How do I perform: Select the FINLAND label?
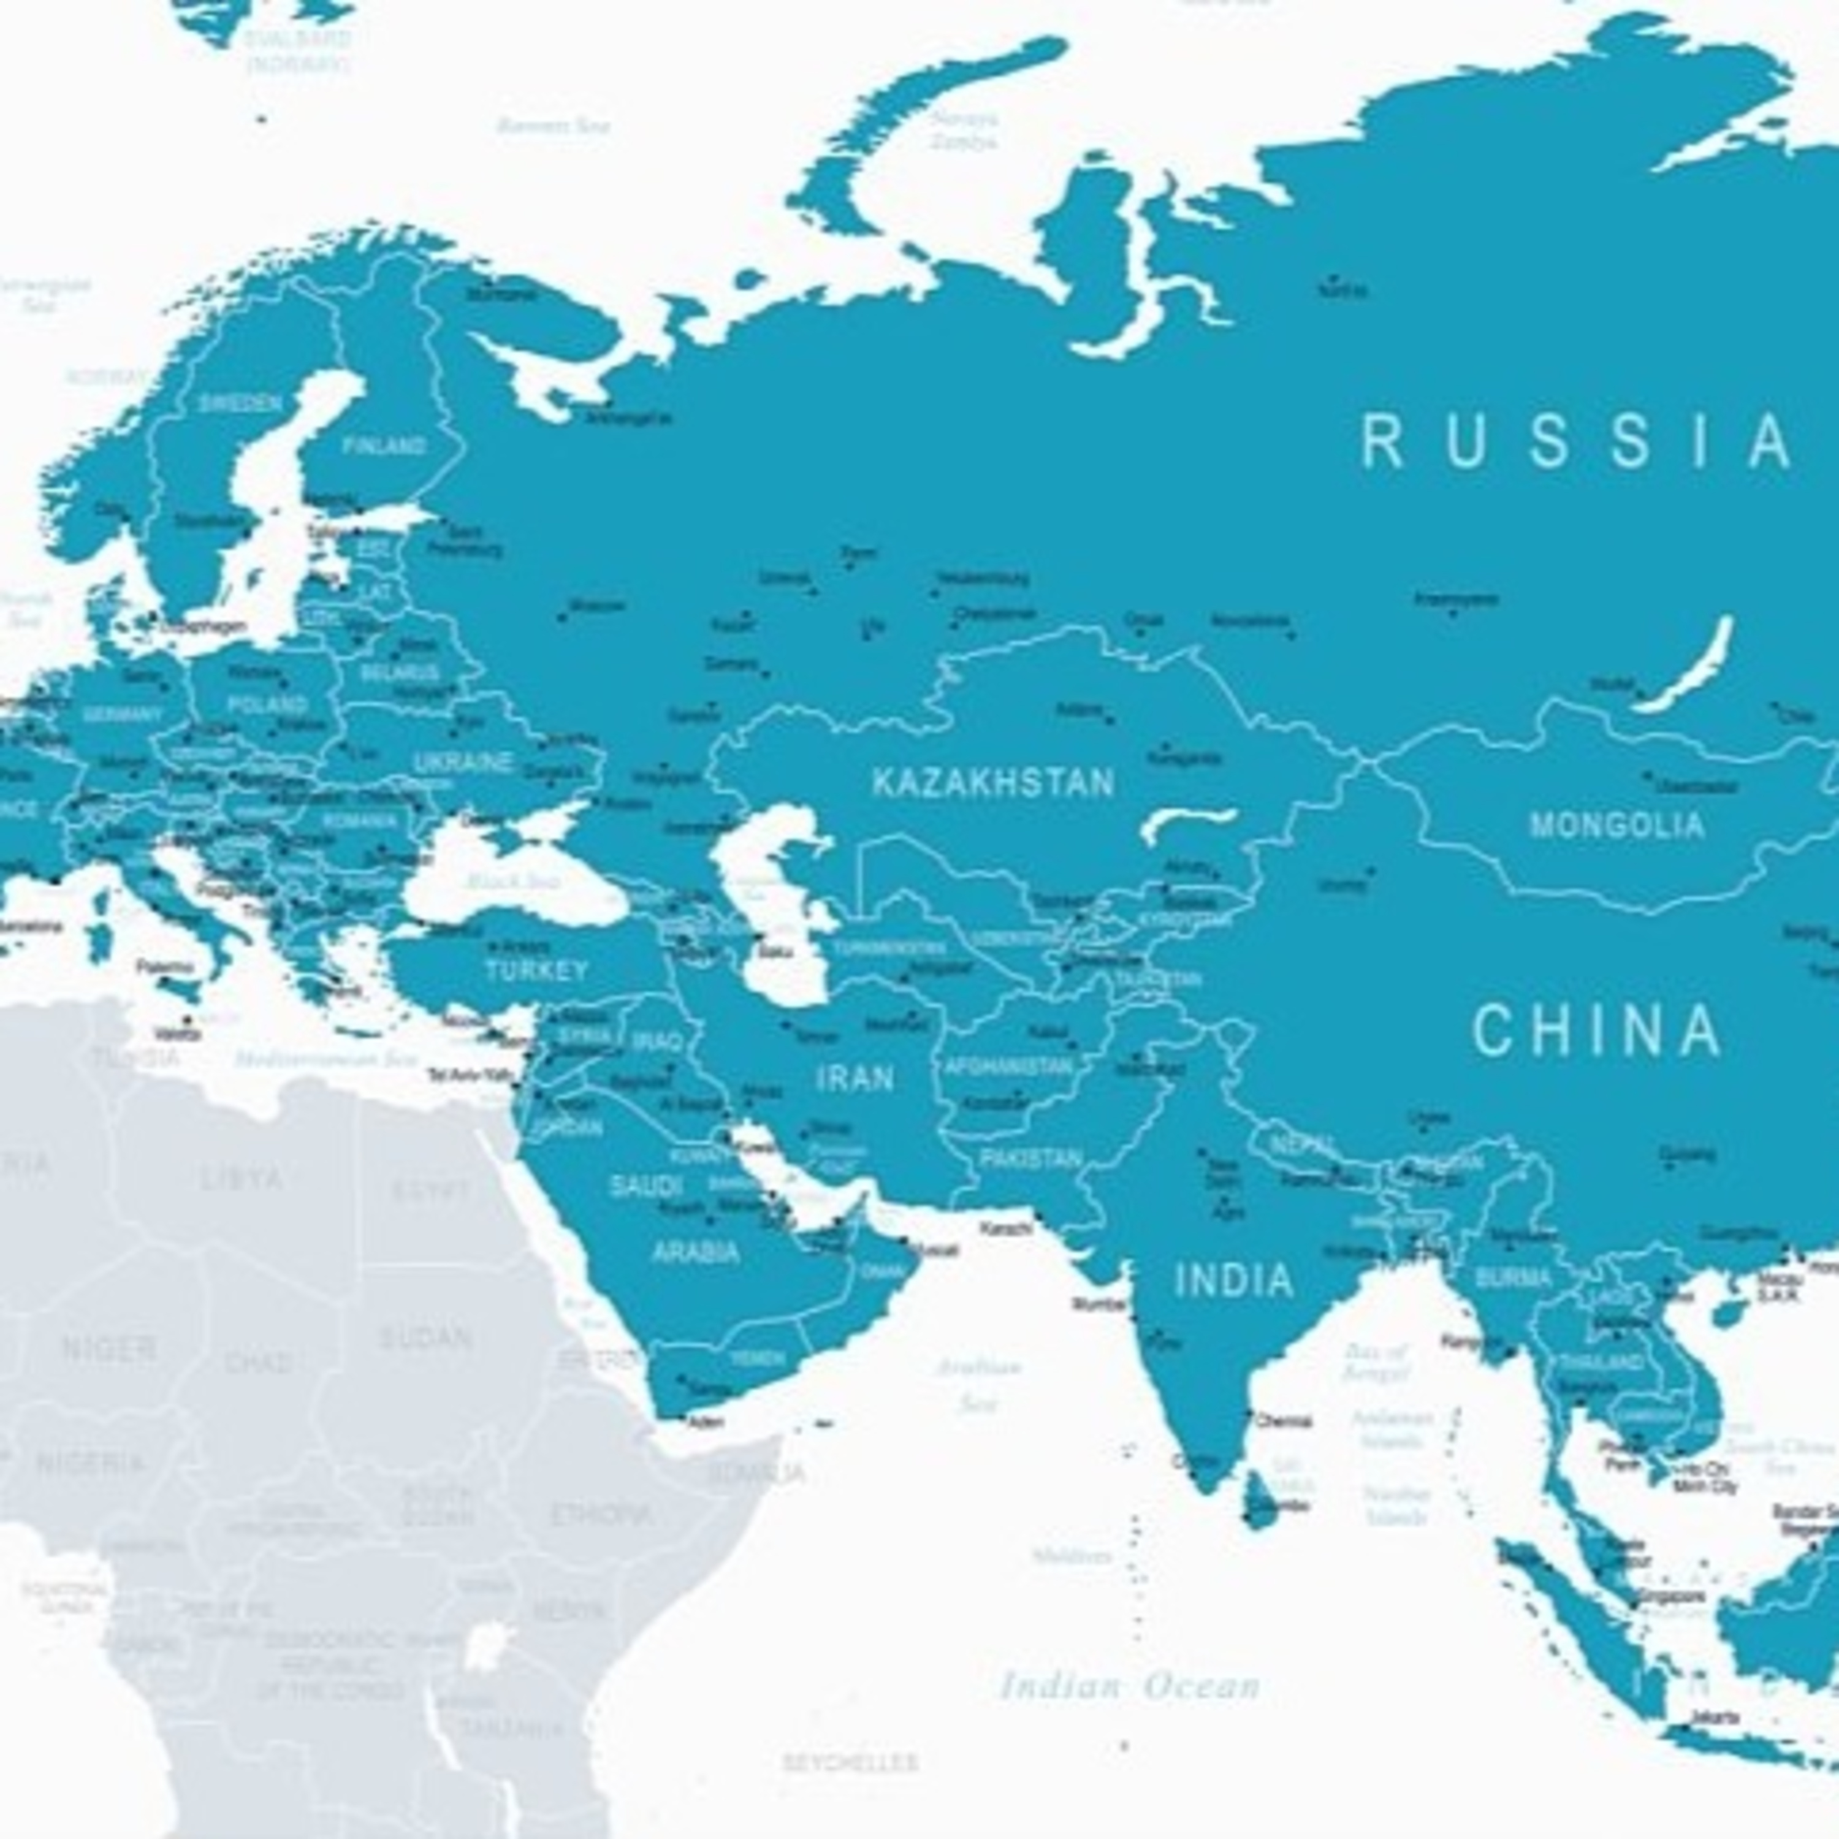(x=384, y=446)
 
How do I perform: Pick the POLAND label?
(x=267, y=706)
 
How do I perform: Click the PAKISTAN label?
(x=1031, y=1159)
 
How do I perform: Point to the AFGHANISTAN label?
(x=1009, y=1068)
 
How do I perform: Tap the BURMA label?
(x=1512, y=1278)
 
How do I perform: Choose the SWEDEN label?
(x=239, y=403)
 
